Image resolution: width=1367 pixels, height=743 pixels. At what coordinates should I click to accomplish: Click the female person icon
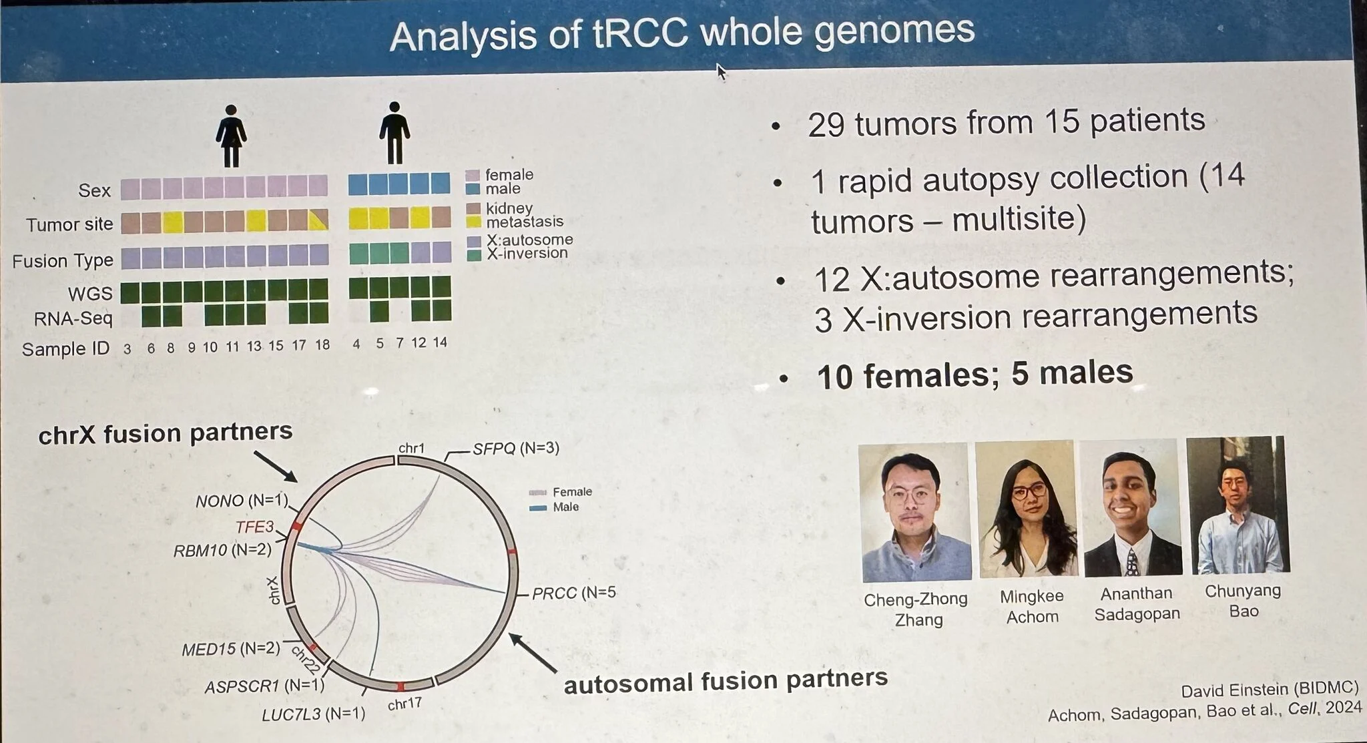[x=231, y=136]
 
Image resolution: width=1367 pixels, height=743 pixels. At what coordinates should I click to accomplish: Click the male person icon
[x=394, y=133]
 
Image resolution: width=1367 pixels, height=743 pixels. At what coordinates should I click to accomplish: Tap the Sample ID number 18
[x=322, y=344]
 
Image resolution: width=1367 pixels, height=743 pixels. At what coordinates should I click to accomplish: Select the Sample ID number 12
[x=419, y=342]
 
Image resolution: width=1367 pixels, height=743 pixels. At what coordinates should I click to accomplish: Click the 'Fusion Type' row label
[x=63, y=260]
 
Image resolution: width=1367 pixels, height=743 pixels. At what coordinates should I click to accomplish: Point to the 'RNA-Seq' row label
[x=73, y=319]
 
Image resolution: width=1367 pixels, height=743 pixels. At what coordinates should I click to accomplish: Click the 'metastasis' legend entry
[x=525, y=222]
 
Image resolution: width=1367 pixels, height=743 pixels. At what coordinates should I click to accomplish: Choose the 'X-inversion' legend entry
[x=527, y=253]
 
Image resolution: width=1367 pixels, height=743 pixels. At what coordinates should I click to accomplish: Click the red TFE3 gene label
[x=255, y=527]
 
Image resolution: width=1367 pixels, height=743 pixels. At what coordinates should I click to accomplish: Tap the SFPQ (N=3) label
[x=516, y=449]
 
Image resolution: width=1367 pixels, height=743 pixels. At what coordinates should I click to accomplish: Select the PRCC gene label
[x=554, y=593]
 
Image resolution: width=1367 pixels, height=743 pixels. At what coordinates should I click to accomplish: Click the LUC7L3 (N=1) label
[x=313, y=714]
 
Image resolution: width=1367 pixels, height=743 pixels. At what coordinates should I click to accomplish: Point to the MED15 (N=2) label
[x=231, y=649]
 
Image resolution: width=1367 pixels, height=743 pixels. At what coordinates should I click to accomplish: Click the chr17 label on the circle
[x=404, y=704]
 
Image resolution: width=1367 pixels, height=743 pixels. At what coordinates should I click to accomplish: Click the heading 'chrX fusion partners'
[x=166, y=434]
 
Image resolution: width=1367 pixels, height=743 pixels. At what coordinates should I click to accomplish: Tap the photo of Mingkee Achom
[x=1027, y=509]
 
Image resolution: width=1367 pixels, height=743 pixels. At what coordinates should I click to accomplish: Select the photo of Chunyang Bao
[x=1238, y=505]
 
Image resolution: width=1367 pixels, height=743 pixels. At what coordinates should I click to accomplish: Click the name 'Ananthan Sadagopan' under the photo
[x=1137, y=603]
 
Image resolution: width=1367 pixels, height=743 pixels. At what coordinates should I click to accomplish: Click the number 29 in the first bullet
[x=826, y=125]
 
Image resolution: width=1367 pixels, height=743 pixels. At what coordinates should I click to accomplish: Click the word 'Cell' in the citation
[x=1302, y=709]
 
